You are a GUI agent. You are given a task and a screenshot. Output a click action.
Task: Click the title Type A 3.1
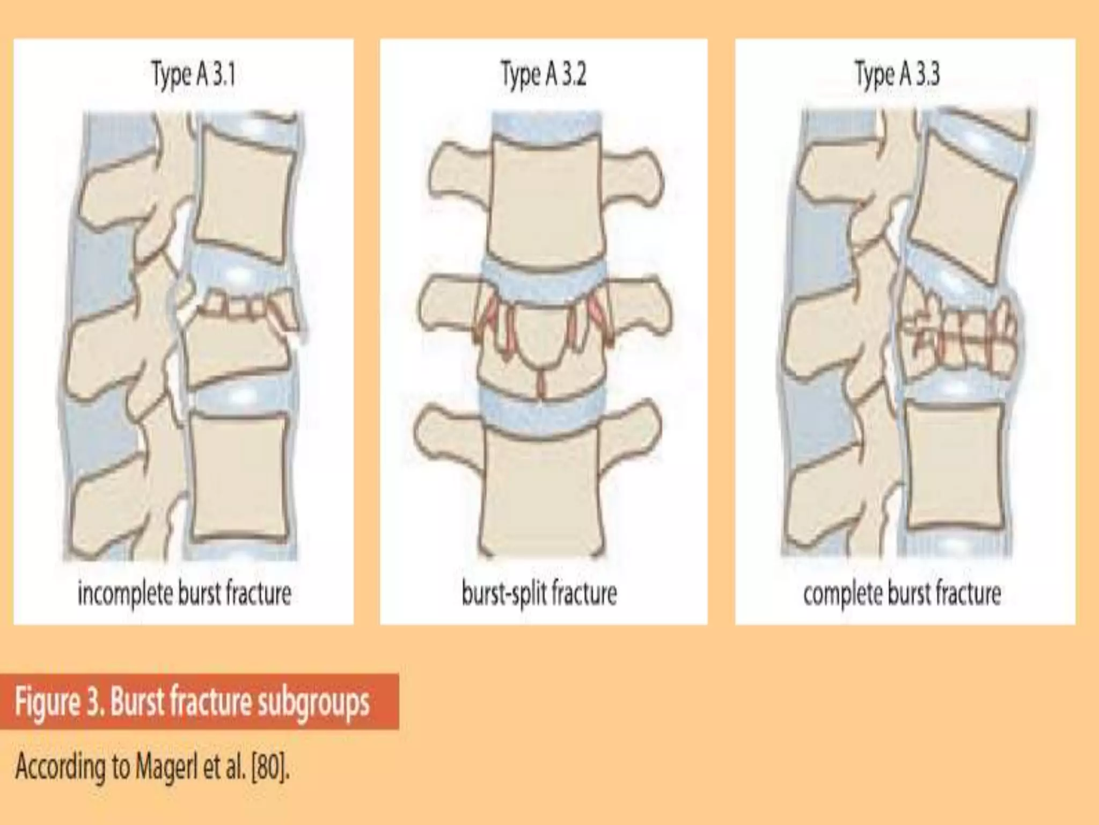(x=194, y=75)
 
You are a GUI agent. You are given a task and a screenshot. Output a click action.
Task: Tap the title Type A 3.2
(x=543, y=75)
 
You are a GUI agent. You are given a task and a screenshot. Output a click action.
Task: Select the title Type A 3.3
(x=897, y=75)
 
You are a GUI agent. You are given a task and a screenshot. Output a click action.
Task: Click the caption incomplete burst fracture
(x=184, y=594)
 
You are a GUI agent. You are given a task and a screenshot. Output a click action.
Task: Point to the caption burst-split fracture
(x=539, y=594)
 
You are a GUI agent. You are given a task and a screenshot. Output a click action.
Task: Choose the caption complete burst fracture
(x=902, y=594)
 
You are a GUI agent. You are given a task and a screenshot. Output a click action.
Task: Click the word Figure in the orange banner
(x=47, y=702)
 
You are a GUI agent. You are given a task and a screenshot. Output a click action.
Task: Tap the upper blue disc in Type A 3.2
(x=542, y=271)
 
